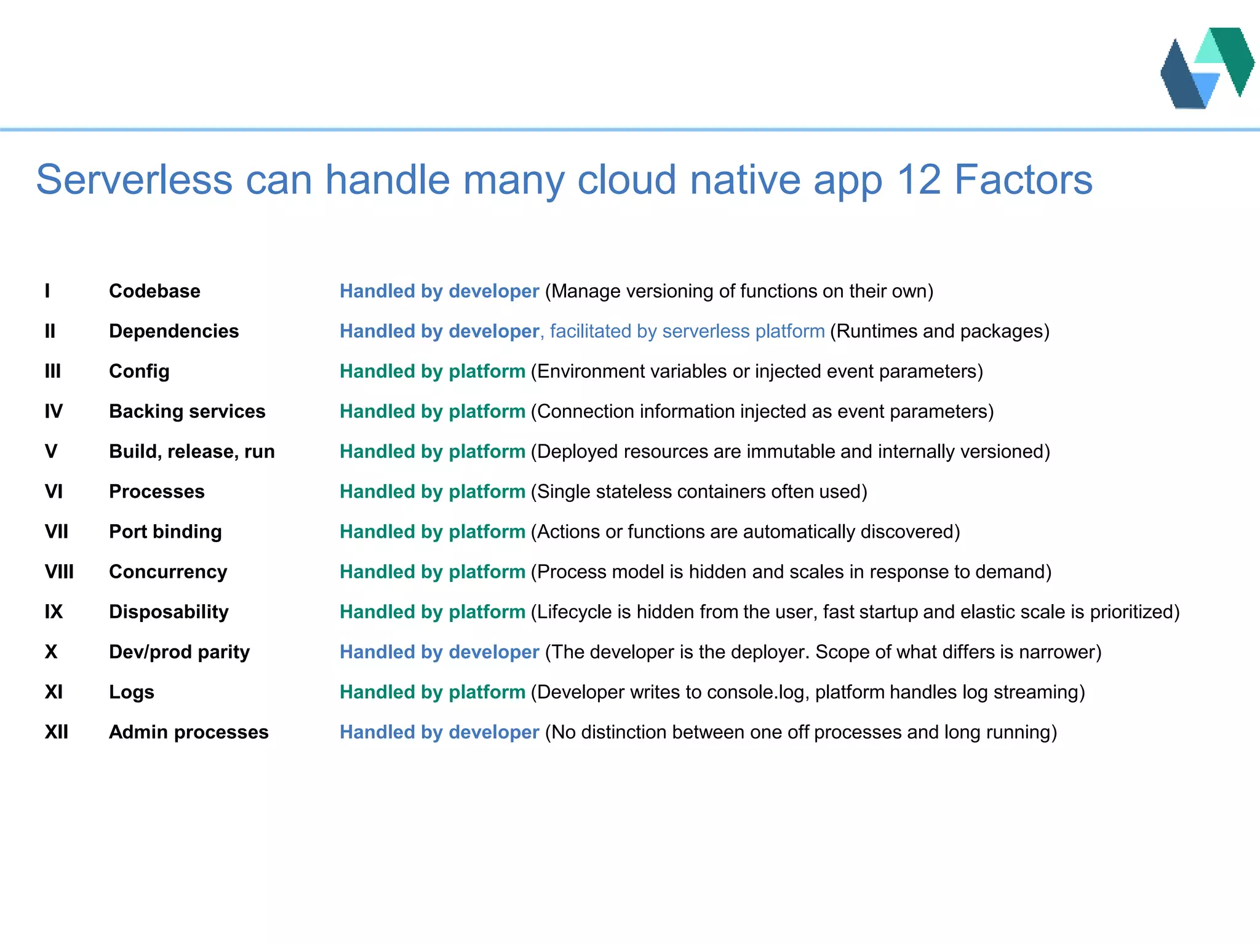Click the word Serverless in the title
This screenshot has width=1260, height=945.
[134, 180]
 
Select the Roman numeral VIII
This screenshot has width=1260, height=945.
[59, 572]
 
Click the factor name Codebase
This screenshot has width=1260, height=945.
[154, 291]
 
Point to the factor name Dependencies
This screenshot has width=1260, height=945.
[173, 331]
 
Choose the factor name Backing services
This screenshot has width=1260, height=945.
[187, 411]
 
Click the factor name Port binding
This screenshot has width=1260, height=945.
[165, 532]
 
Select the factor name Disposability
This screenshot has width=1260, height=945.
[169, 612]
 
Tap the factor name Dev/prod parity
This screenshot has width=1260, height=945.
[179, 652]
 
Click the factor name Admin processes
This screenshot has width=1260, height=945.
[188, 732]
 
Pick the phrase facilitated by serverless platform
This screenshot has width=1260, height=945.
[687, 331]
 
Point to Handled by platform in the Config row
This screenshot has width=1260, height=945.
[432, 371]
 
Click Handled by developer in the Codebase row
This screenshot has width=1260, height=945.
[439, 291]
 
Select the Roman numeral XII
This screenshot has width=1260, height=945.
[57, 732]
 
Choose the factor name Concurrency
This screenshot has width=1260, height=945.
[168, 572]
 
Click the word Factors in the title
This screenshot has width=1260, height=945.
[1023, 180]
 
